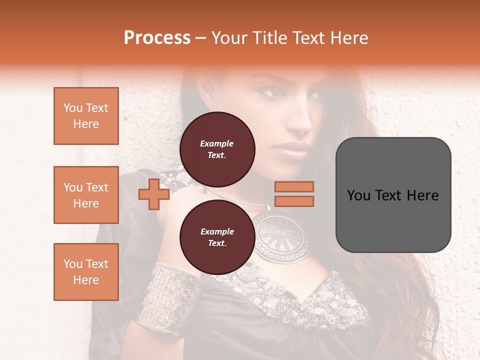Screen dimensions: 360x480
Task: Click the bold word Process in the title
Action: click(157, 38)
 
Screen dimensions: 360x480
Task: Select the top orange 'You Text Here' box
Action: click(86, 116)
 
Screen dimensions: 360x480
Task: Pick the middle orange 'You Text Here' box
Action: click(86, 195)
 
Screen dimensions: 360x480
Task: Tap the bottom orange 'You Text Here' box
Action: click(86, 272)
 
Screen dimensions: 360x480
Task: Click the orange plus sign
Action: click(154, 194)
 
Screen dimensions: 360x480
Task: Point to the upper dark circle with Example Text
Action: click(217, 149)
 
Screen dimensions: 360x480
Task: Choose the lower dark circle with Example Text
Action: click(217, 237)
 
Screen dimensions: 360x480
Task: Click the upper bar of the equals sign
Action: click(294, 186)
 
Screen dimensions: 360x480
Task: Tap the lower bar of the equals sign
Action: click(294, 201)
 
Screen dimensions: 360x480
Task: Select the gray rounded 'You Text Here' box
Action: click(393, 194)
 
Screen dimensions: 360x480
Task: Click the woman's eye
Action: click(274, 93)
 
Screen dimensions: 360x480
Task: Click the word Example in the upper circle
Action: click(217, 143)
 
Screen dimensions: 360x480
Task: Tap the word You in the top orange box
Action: click(73, 108)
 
